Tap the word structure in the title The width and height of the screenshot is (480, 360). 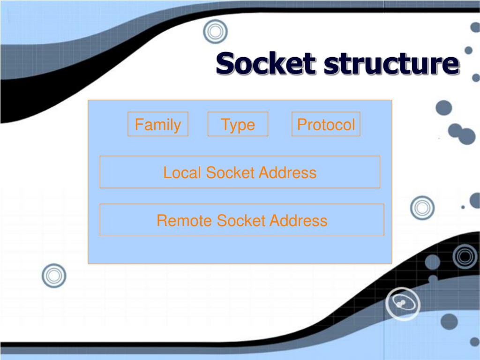[390, 64]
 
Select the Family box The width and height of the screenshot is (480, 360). [158, 124]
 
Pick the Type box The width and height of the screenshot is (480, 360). [238, 124]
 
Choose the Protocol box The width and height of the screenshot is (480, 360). [326, 124]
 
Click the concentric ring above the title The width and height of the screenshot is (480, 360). [215, 32]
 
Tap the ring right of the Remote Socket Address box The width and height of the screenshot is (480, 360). [422, 207]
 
